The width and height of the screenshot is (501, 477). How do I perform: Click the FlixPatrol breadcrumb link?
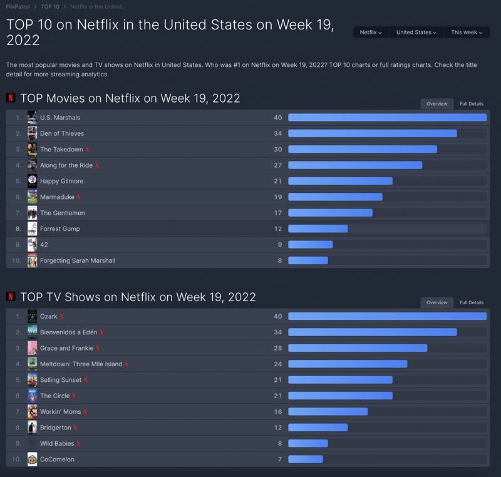[18, 6]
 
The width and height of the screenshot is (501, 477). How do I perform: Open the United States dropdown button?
[416, 32]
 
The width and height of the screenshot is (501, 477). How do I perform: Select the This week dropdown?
[466, 32]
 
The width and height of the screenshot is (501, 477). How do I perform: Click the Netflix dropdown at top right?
[371, 32]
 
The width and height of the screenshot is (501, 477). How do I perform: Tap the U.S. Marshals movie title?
[60, 118]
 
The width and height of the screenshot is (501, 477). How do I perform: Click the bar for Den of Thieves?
[372, 133]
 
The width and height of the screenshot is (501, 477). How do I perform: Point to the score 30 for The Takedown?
[278, 150]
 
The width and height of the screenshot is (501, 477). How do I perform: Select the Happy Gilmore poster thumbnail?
[33, 181]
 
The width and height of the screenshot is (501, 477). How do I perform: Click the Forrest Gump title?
[60, 229]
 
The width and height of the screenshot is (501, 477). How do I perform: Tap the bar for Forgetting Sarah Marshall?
[308, 260]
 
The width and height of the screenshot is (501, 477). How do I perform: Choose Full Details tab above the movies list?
[472, 104]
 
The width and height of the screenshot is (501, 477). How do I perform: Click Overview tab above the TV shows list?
[436, 302]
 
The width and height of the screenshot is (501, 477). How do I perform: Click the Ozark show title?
[49, 316]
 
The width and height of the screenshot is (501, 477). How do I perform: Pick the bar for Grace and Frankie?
[358, 348]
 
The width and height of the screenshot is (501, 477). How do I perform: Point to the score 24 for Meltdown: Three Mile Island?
[278, 364]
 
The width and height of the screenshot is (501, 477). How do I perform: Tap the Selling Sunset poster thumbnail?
[33, 380]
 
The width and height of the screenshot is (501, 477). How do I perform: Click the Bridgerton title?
[56, 428]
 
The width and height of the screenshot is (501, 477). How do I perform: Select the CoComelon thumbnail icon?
[33, 459]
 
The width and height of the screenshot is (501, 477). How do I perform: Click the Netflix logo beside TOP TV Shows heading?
[11, 297]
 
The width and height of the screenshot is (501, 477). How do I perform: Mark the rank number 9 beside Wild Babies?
[19, 443]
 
